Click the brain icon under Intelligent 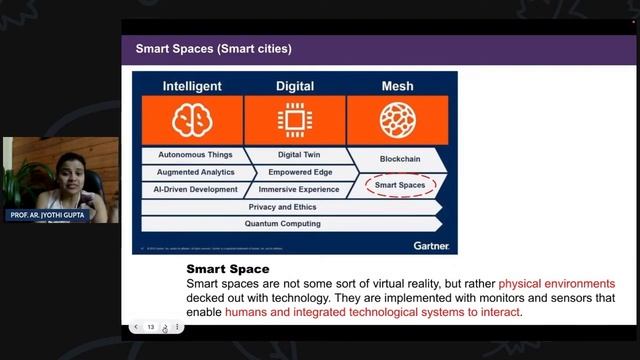point(193,120)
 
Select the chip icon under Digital point(295,120)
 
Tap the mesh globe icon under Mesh point(397,120)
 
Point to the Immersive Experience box point(298,189)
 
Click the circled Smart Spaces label point(400,185)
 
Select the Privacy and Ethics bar point(290,207)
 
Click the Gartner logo point(431,245)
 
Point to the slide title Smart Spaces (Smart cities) point(214,49)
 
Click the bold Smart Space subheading point(227,269)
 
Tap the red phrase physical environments point(557,284)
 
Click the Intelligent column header point(193,86)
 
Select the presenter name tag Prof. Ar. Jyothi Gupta point(47,215)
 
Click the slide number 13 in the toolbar point(151,327)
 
